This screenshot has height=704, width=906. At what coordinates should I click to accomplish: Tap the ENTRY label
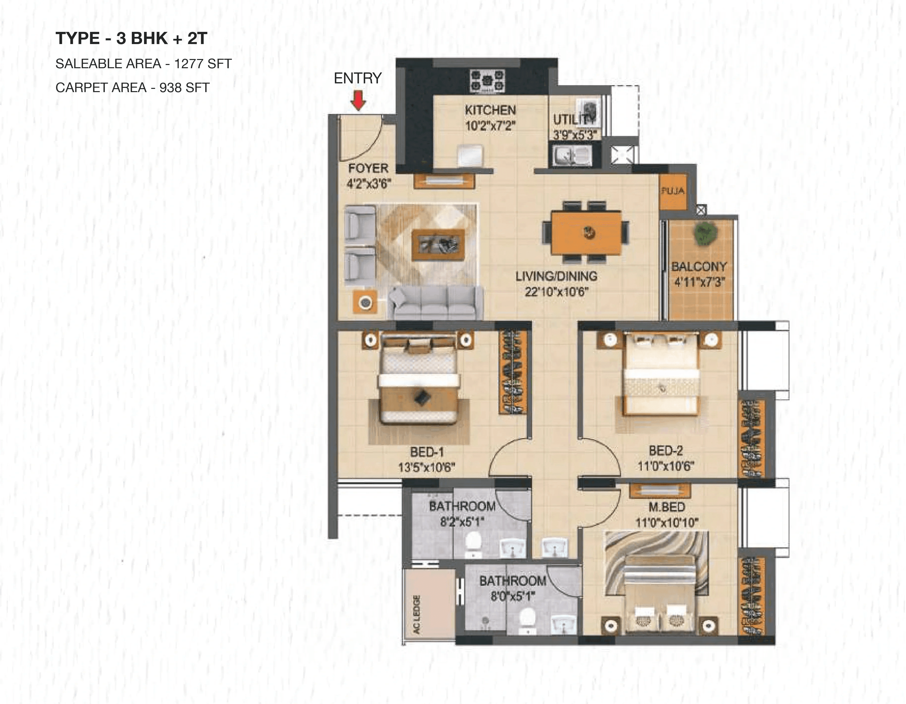pos(358,78)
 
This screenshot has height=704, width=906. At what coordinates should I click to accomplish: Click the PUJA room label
pos(673,191)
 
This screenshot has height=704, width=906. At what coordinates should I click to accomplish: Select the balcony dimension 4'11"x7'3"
pos(699,282)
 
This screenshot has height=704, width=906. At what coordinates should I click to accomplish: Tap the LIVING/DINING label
pos(556,276)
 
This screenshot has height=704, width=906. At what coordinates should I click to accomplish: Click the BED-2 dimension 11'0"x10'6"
pos(666,466)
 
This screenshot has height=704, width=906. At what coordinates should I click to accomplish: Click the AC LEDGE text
pos(417,614)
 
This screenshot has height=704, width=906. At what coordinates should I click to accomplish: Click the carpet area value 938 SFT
pos(184,88)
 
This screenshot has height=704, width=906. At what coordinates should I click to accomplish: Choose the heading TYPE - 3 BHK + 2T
pos(131,39)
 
